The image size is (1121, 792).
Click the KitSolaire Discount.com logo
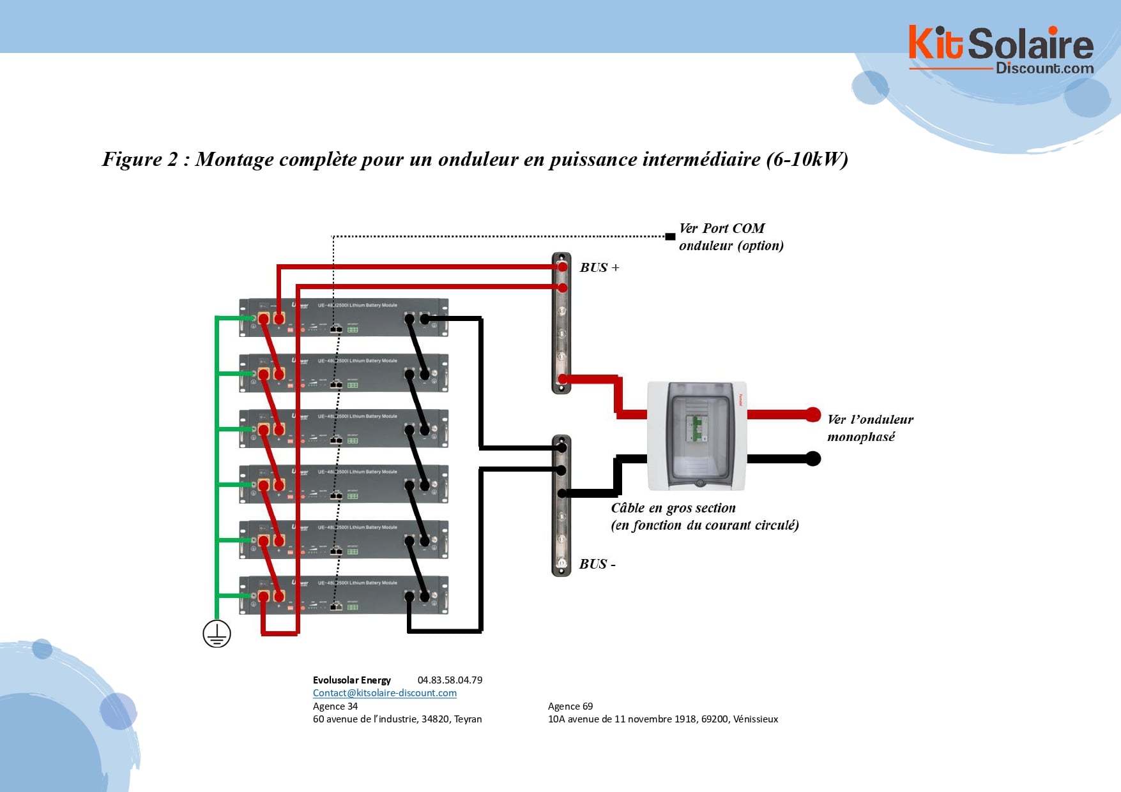pyautogui.click(x=1000, y=50)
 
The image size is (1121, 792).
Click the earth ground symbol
pyautogui.click(x=217, y=634)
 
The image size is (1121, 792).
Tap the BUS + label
pyautogui.click(x=599, y=267)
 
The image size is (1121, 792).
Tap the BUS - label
pyautogui.click(x=597, y=564)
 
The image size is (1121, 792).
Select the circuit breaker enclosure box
pyautogui.click(x=697, y=436)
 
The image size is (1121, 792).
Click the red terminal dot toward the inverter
pyautogui.click(x=812, y=414)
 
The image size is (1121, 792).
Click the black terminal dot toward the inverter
pyautogui.click(x=812, y=458)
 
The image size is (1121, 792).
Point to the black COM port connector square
pyautogui.click(x=670, y=237)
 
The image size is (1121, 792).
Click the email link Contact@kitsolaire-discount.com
pyautogui.click(x=385, y=693)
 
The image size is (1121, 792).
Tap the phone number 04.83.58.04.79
pyautogui.click(x=450, y=680)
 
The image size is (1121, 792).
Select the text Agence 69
pyautogui.click(x=570, y=706)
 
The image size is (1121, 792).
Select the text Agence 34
pyautogui.click(x=335, y=706)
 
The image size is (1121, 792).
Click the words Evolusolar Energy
pyautogui.click(x=352, y=680)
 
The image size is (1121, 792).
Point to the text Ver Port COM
pyautogui.click(x=722, y=228)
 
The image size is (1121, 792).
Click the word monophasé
pyautogui.click(x=861, y=437)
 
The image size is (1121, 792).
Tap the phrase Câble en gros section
pyautogui.click(x=673, y=508)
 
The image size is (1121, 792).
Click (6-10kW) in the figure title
pyautogui.click(x=807, y=159)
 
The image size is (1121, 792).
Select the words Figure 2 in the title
pyautogui.click(x=140, y=159)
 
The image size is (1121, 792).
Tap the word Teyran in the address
pyautogui.click(x=468, y=719)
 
